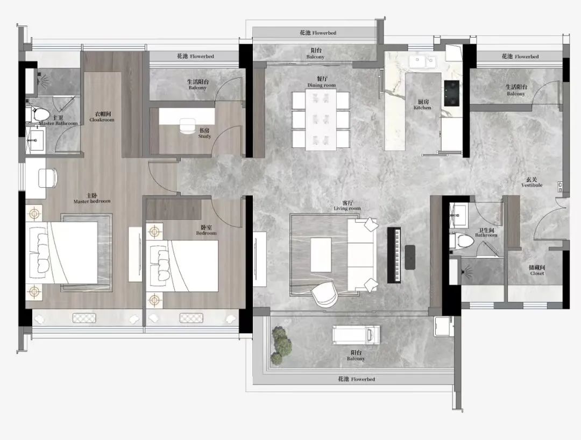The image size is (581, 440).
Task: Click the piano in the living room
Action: pos(394,255)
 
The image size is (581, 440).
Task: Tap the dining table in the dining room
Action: pos(321,119)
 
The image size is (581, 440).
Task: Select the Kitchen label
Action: pos(422,105)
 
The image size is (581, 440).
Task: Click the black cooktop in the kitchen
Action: pos(452,93)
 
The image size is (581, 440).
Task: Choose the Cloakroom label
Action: pos(102,117)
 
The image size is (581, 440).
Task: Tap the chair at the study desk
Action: pos(188,125)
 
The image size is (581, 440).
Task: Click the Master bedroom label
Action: pos(92,198)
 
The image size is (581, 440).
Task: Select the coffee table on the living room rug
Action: pos(321,255)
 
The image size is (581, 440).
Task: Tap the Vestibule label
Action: pos(532,182)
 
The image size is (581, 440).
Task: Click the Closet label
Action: pos(537,271)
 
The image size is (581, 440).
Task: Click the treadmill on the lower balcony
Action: pos(356,335)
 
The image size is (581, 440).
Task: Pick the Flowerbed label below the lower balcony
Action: pos(357,379)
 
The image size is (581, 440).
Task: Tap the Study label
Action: pos(204,133)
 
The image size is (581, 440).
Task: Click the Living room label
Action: pos(347,206)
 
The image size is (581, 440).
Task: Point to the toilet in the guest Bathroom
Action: pos(462,240)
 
